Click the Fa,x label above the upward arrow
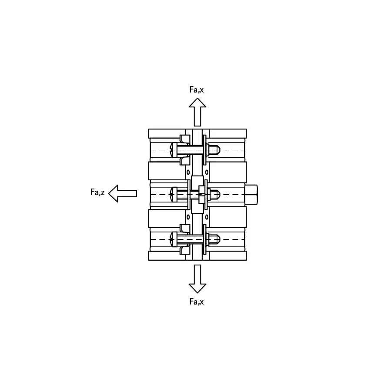[x=197, y=89]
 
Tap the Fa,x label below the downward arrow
[x=197, y=302]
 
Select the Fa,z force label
[x=97, y=192]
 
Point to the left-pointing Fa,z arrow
[x=122, y=193]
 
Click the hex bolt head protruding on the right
[x=251, y=194]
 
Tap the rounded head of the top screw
[x=173, y=149]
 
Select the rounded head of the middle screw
[x=173, y=194]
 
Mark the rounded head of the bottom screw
[x=173, y=239]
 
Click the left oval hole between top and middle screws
[x=188, y=172]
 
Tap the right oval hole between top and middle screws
[x=207, y=172]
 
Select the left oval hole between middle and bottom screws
[x=188, y=217]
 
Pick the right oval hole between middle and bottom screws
[x=207, y=217]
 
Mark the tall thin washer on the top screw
[x=204, y=149]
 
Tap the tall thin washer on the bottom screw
[x=204, y=239]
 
